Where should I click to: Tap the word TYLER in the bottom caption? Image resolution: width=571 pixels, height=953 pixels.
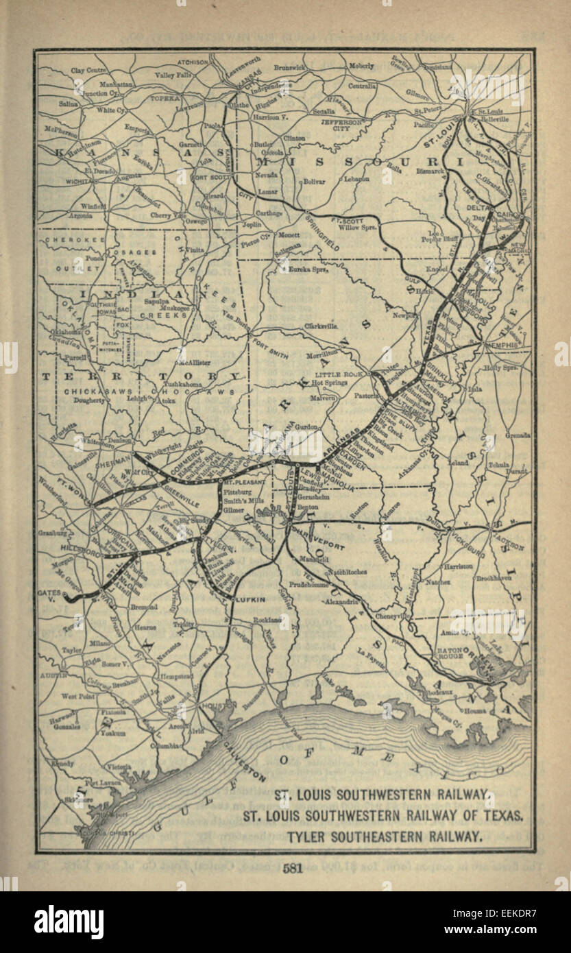[306, 836]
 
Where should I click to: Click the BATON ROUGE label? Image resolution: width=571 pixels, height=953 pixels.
[451, 656]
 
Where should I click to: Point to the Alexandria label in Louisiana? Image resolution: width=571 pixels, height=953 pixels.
[343, 601]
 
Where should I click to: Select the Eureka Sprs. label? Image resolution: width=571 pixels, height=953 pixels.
[308, 269]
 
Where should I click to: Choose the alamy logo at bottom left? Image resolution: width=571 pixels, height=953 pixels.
[69, 921]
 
